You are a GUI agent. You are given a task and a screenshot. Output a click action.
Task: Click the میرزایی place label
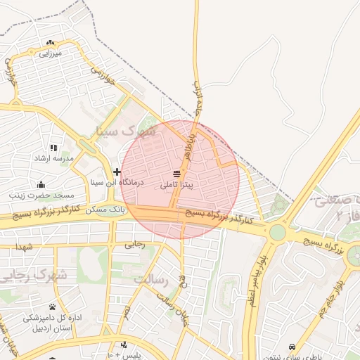coord(51,53)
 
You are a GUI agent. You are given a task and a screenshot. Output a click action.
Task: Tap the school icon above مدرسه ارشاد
coord(53,148)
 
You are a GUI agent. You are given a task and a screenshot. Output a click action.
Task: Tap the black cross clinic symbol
coord(117,172)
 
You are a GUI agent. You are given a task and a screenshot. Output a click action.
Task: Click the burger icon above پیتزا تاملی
coord(176,174)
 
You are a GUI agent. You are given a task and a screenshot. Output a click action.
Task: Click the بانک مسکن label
coord(105,210)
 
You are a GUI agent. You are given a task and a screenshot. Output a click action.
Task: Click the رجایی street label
coord(134,245)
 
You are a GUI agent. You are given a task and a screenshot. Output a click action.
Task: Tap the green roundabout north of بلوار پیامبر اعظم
coord(278,232)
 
